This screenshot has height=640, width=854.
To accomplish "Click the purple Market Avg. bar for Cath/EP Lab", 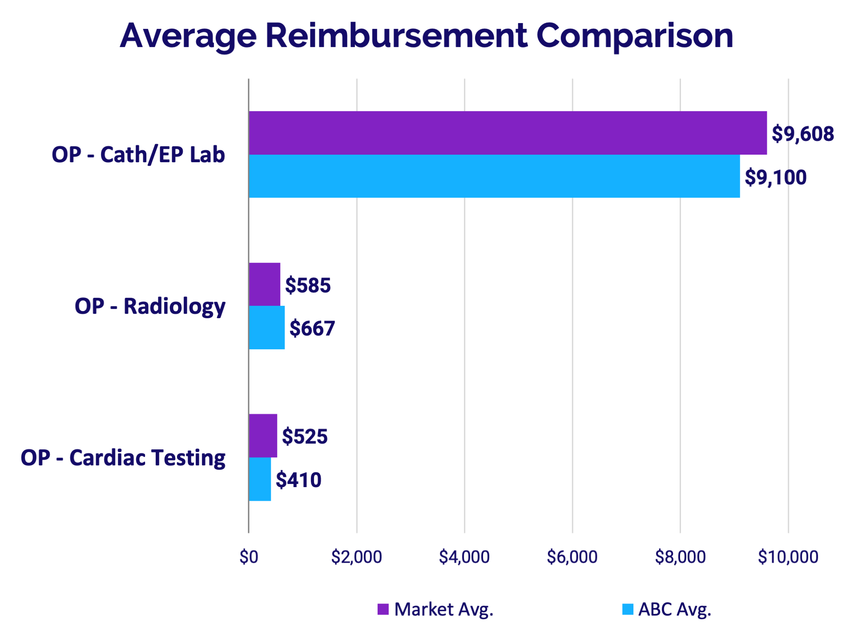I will [507, 133].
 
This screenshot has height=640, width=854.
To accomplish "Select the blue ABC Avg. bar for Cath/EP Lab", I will [494, 176].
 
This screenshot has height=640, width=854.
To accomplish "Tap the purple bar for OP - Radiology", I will [264, 284].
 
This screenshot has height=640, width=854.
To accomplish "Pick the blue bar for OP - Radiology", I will [266, 328].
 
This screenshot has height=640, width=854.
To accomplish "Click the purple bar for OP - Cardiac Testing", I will [263, 436].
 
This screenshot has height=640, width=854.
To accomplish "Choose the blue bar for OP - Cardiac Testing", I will [260, 479].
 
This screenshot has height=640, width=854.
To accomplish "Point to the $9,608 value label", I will [802, 134].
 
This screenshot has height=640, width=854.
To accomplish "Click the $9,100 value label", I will [775, 177].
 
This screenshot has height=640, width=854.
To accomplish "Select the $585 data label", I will [308, 285].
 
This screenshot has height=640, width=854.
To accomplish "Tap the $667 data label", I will [312, 328].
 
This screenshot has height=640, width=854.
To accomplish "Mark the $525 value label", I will [305, 436].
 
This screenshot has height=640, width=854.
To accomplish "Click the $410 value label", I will [298, 480].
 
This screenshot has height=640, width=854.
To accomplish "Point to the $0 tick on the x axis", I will [249, 557].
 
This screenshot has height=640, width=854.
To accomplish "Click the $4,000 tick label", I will [464, 557].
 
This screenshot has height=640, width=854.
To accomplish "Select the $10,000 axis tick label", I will [788, 557].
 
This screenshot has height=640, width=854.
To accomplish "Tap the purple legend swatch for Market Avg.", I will [383, 609].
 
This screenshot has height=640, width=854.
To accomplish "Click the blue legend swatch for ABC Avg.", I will [628, 609].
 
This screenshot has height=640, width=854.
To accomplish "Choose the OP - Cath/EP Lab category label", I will [138, 155].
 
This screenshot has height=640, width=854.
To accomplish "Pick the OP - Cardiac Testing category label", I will [123, 458].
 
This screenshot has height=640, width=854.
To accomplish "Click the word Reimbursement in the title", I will [396, 36].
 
